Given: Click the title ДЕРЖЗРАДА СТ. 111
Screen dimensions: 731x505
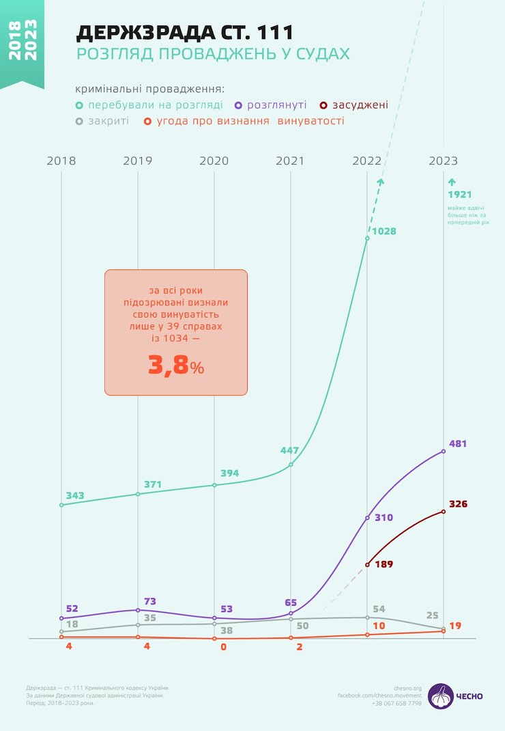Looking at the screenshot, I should [185, 32].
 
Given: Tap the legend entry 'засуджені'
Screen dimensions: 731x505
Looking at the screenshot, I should [360, 105].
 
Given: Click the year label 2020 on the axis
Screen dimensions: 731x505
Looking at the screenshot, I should [214, 161].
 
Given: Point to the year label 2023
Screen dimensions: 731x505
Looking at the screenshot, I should [444, 161].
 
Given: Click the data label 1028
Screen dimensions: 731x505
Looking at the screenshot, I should [384, 232].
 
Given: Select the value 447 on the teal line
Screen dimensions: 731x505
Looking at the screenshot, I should [290, 451].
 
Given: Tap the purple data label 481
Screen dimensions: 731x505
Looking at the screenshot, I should [459, 444].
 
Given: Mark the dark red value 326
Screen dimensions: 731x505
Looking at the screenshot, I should [459, 504].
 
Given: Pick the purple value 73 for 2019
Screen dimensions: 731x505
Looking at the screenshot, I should [150, 602].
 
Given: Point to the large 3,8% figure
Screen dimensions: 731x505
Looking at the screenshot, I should [176, 366].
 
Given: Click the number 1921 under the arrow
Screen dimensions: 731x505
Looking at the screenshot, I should [460, 195].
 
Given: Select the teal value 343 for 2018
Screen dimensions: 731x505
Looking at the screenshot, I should [76, 495].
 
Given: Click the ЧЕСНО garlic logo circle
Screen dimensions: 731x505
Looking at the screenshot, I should [441, 695].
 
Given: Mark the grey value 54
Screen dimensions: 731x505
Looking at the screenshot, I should [379, 609].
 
